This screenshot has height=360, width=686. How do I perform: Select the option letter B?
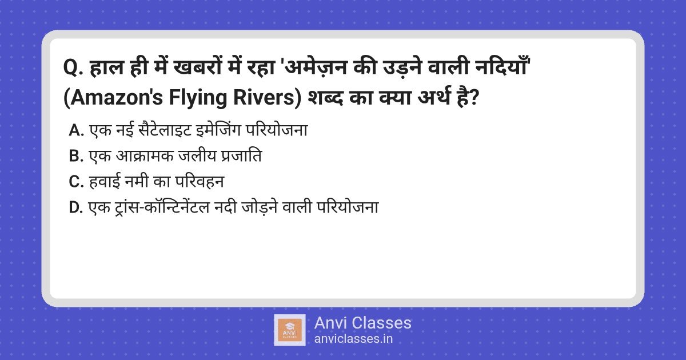[x=76, y=156]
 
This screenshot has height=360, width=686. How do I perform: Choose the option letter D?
[x=76, y=207]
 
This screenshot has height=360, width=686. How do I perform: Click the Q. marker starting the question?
[x=74, y=67]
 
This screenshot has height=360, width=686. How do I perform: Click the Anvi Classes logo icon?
[x=290, y=330]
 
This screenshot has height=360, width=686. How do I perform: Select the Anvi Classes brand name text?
[x=363, y=323]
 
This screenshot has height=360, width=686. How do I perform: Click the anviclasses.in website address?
[x=353, y=339]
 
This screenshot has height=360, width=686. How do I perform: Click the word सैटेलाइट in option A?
[x=165, y=130]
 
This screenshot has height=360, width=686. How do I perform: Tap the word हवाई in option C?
[x=104, y=182]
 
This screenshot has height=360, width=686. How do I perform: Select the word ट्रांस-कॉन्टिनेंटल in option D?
[x=162, y=207]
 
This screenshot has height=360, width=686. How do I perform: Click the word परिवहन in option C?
[x=200, y=182]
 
